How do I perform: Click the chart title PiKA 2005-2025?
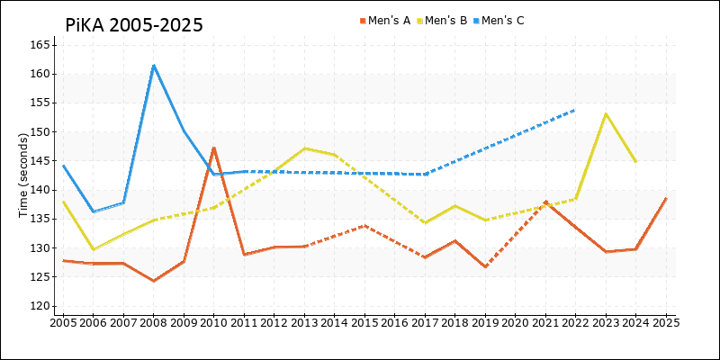point(134,25)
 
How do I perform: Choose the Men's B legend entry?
point(445,21)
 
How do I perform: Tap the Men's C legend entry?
point(502,21)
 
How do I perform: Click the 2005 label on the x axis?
point(63,321)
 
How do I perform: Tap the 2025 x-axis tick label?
point(666,321)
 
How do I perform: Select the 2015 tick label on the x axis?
point(364,321)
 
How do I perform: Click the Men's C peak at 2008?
point(154,65)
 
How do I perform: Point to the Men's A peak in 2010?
point(214,148)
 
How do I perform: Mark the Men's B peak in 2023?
point(606,113)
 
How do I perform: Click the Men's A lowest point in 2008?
point(154,281)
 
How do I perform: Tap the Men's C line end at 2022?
point(575,110)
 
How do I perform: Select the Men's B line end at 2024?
point(635,161)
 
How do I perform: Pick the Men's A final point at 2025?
point(666,198)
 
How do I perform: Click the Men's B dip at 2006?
point(94,249)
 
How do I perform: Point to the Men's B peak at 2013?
point(305,148)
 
